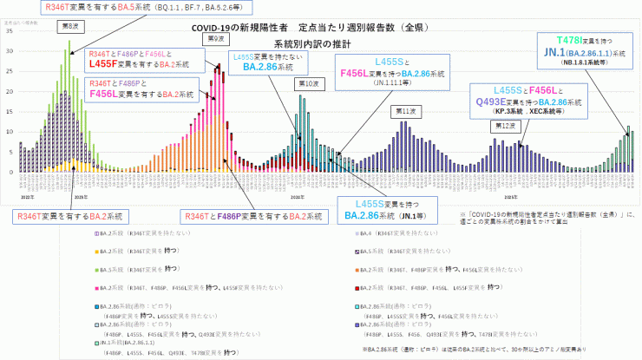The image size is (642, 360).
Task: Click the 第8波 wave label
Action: (x=69, y=25)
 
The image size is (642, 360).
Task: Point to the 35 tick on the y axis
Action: (x=9, y=30)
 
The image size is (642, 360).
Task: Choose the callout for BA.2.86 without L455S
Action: (x=267, y=62)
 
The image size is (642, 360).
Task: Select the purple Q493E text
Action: (x=490, y=101)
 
